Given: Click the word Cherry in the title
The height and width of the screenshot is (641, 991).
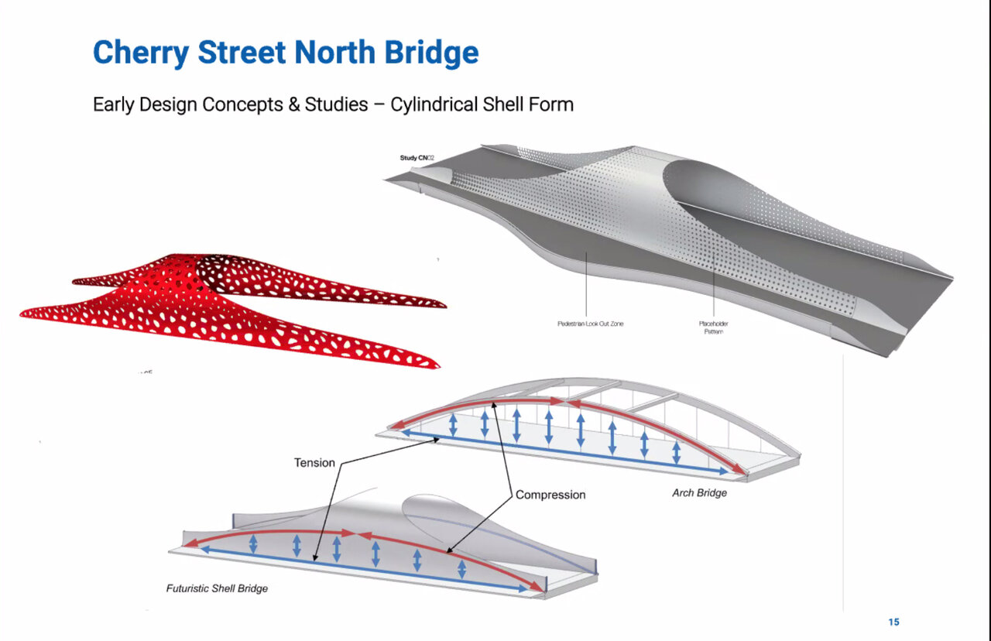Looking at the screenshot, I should coord(142,53).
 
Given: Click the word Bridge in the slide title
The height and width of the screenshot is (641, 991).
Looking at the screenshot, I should coord(433,53).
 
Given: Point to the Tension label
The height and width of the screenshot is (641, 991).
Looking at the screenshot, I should coord(314,463).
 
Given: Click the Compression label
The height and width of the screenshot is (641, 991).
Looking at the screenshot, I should coord(550,495).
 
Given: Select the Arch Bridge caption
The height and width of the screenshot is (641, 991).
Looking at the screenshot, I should coord(699,493).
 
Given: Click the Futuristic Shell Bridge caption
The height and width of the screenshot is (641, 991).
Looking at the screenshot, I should coord(217,588).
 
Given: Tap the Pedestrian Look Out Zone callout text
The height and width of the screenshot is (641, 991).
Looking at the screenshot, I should coord(590,324).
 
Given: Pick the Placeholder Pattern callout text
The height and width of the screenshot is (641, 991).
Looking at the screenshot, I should coord(713,327).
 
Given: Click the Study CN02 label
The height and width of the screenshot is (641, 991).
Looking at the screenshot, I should coord(417,158).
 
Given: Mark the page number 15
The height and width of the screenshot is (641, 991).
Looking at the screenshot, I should coord(893,622).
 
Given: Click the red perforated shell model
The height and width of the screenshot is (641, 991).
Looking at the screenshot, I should coord(232,310).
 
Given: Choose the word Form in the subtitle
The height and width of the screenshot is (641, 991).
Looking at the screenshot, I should coord(556,105).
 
